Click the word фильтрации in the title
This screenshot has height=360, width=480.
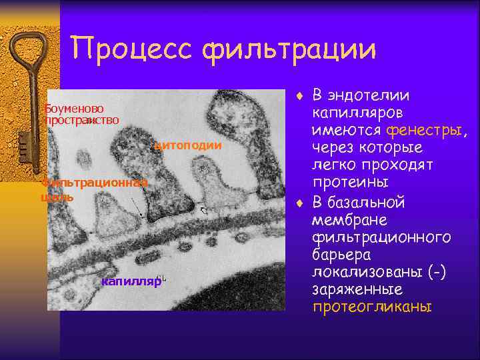pos(291,49)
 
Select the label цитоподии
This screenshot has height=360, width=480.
pos(187,145)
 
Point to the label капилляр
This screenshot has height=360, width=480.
pos(131,281)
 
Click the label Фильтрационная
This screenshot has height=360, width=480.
pos(93,182)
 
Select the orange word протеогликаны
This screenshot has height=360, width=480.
pos(373,307)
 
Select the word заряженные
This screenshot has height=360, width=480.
pos(357,289)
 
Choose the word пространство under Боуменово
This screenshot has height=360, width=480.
pos(82,120)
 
